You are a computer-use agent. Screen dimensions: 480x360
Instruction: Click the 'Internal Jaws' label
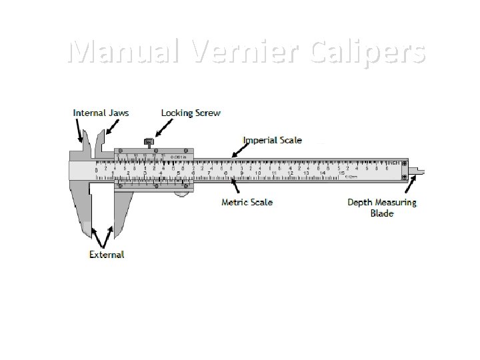pyautogui.click(x=101, y=113)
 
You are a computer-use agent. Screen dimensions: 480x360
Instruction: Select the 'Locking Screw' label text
pyautogui.click(x=191, y=113)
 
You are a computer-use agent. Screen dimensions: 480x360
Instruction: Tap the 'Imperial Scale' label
pyautogui.click(x=272, y=140)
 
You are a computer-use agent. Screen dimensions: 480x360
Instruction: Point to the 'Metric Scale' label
pyautogui.click(x=247, y=202)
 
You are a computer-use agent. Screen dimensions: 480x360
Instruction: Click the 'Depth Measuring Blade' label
pyautogui.click(x=381, y=207)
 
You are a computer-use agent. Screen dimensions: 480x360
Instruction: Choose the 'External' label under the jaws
pyautogui.click(x=107, y=254)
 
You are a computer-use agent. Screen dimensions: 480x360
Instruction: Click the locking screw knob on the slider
pyautogui.click(x=149, y=141)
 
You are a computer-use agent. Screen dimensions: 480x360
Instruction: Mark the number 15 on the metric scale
pyautogui.click(x=341, y=173)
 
